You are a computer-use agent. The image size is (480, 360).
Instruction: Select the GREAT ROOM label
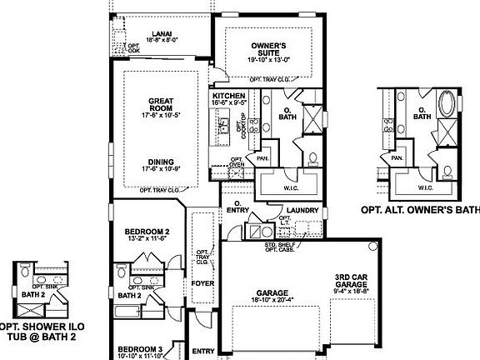coord(160,105)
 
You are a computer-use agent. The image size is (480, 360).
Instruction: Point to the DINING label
coord(160,162)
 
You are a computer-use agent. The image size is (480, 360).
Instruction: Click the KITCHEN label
coord(228,97)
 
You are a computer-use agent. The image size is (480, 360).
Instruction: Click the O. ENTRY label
coord(237,206)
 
